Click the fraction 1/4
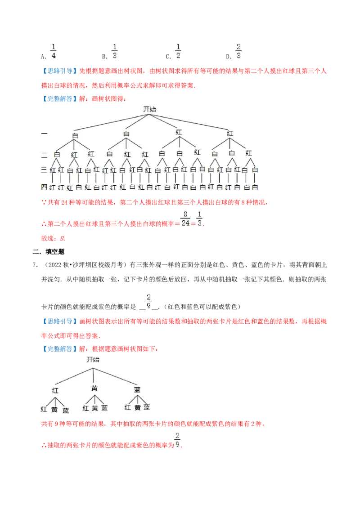[53, 51]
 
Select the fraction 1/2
[178, 51]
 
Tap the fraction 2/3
[239, 51]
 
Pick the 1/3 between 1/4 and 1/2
[114, 51]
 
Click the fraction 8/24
[185, 218]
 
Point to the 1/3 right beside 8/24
[200, 218]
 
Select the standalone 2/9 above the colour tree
[149, 300]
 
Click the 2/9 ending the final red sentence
[178, 438]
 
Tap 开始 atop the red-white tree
[149, 109]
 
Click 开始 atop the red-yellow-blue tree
[93, 360]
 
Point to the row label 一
[44, 134]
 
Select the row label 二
[44, 154]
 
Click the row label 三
[44, 170]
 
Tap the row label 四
[44, 187]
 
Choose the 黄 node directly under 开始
[94, 388]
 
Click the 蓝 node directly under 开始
[137, 389]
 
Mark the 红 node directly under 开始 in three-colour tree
[55, 390]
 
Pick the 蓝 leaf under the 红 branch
[66, 410]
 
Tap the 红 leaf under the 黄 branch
[85, 408]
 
